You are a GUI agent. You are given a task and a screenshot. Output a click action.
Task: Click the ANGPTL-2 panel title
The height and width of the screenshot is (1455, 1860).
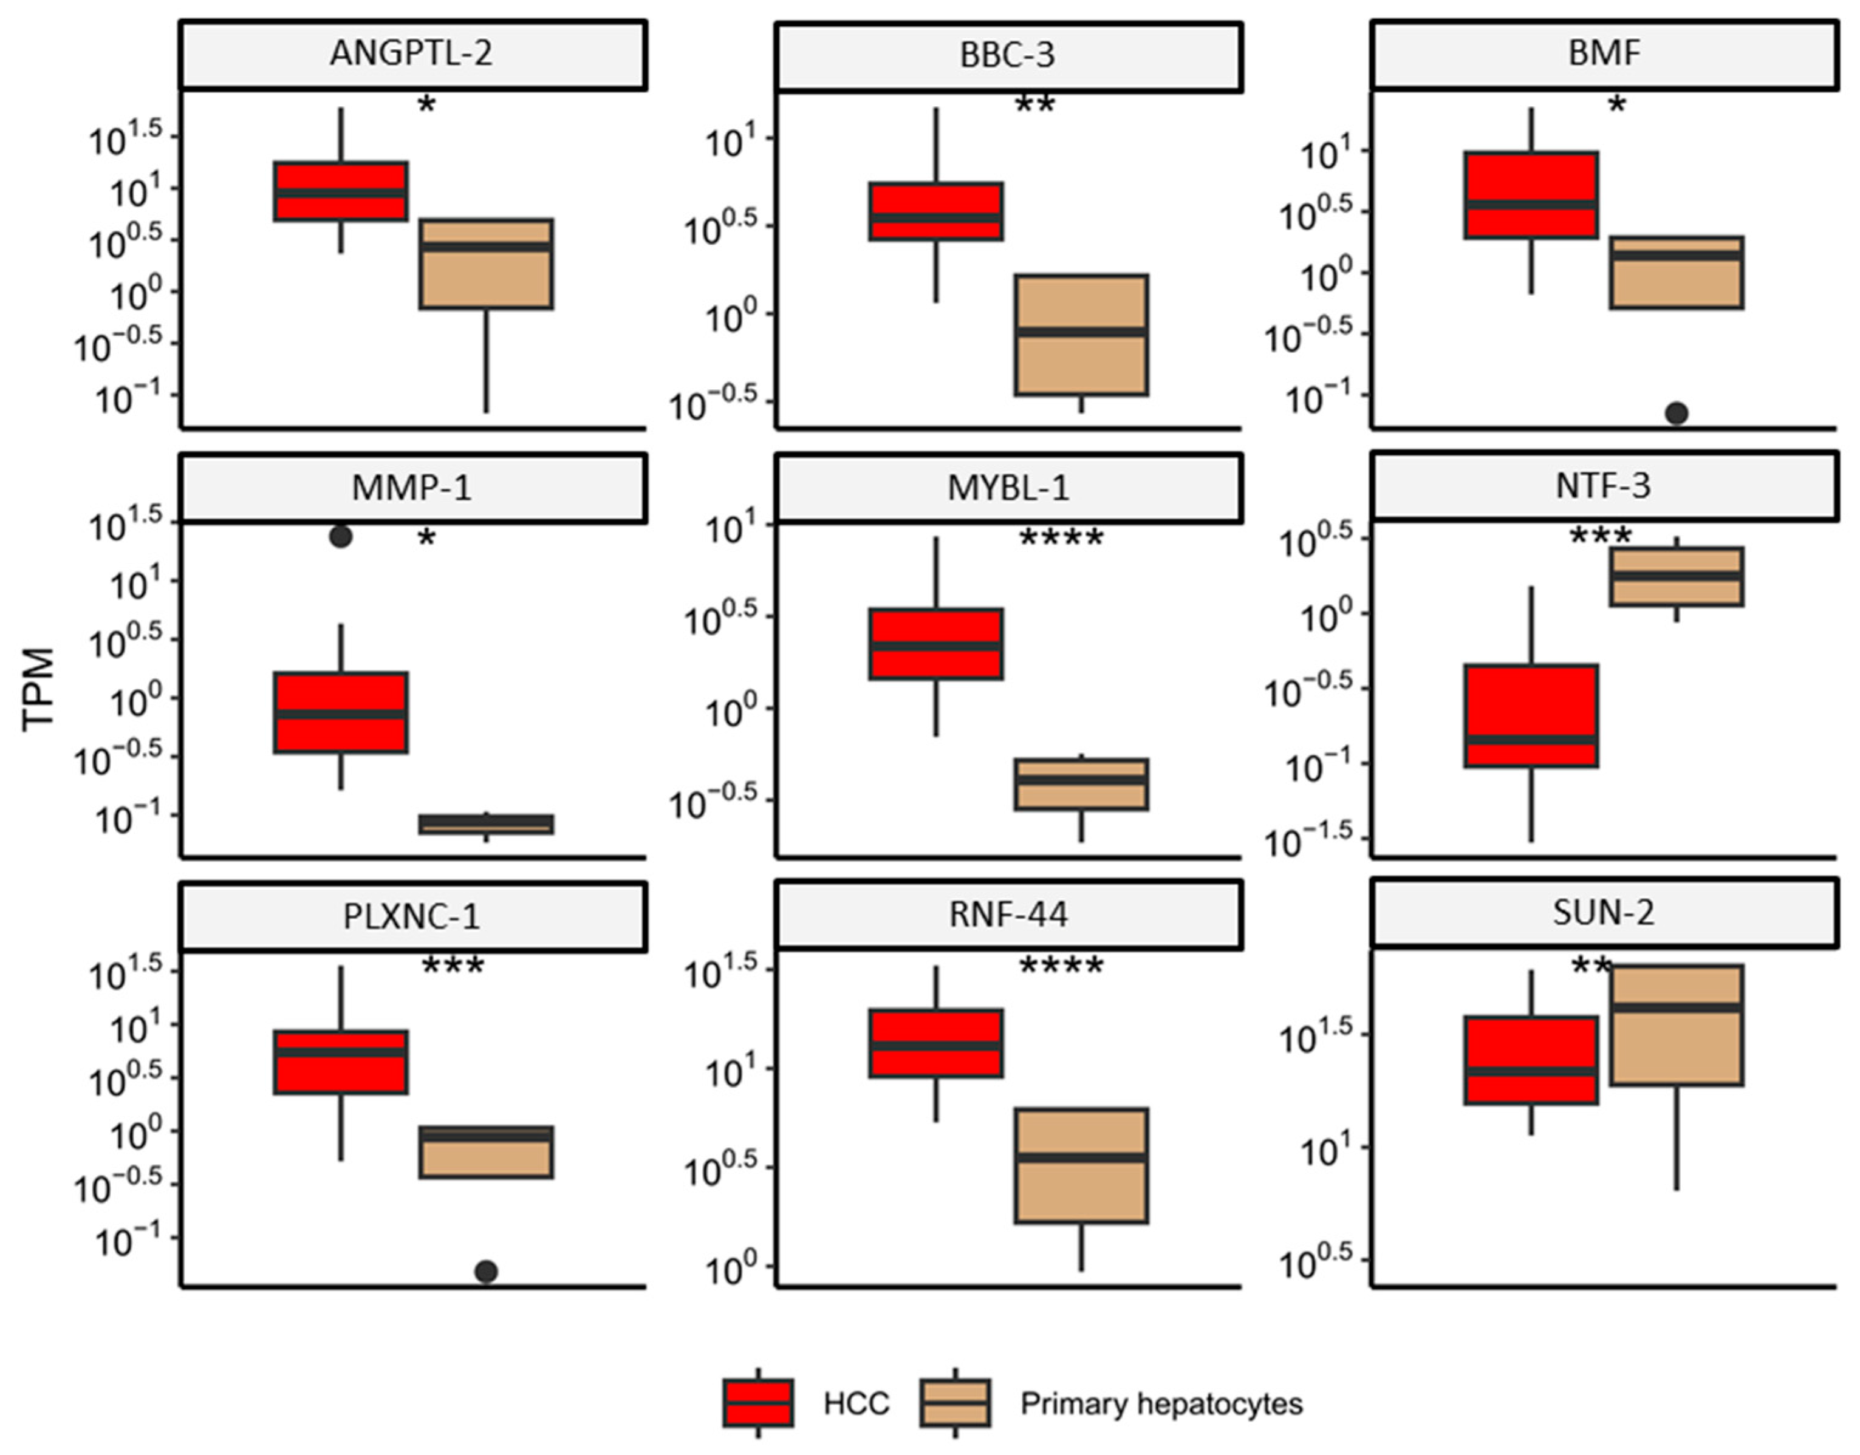(411, 53)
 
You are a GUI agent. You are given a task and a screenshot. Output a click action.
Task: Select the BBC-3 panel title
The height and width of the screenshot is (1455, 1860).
(1008, 55)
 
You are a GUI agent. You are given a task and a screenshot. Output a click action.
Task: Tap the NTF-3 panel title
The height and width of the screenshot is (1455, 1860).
(1604, 486)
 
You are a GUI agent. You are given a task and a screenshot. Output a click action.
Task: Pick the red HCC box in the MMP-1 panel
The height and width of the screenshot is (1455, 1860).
(341, 712)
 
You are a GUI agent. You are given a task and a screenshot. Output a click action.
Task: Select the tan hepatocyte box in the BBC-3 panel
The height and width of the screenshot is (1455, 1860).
(1081, 335)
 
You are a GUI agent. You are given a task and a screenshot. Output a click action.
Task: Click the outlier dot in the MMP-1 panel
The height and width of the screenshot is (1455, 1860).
(341, 537)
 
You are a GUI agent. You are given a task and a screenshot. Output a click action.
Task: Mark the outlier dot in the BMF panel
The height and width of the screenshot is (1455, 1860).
(1677, 413)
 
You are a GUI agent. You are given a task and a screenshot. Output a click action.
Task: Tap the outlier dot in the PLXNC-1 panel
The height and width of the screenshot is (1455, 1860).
(487, 1272)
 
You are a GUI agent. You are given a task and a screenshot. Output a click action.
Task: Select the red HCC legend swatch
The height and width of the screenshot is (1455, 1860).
(758, 1403)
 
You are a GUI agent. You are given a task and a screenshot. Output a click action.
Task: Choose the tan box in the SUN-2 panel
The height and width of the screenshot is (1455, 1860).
(1677, 1026)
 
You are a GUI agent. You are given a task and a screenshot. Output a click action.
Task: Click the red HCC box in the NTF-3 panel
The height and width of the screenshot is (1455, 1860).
(1531, 715)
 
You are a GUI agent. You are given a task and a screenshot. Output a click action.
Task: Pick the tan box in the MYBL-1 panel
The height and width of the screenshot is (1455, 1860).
(1081, 784)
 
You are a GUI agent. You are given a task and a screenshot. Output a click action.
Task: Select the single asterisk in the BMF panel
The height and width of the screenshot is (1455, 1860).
(1616, 106)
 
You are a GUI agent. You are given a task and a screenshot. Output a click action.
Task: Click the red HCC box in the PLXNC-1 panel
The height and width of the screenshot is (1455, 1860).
(341, 1062)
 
